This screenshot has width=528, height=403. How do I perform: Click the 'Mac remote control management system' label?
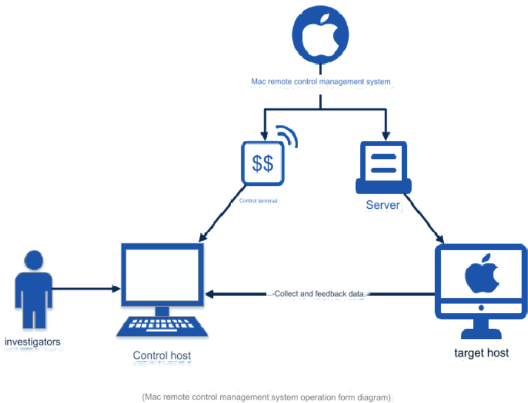pyautogui.click(x=321, y=81)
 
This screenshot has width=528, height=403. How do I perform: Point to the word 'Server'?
pyautogui.click(x=383, y=205)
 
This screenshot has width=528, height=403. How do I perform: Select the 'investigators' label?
pyautogui.click(x=33, y=342)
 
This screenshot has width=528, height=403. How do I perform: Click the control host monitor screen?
pyautogui.click(x=162, y=275)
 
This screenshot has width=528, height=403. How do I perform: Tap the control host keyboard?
pyautogui.click(x=162, y=326)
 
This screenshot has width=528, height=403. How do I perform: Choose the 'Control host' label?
pyautogui.click(x=162, y=355)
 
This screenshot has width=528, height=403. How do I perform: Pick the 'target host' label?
pyautogui.click(x=481, y=353)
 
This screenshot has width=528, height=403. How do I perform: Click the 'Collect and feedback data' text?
pyautogui.click(x=319, y=294)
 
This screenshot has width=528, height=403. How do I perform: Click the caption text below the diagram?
pyautogui.click(x=267, y=397)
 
